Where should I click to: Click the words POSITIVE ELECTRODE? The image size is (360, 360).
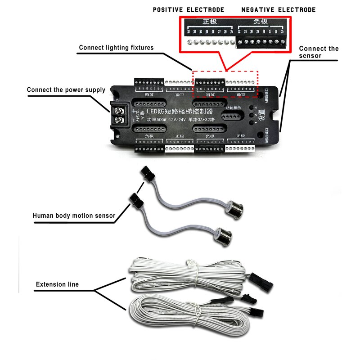pos(188,10)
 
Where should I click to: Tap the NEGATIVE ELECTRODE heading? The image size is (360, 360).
pos(279,10)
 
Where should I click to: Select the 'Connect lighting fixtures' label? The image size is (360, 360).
pos(116,48)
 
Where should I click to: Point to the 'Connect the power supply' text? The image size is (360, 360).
pos(66,90)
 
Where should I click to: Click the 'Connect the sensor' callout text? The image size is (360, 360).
pos(318,52)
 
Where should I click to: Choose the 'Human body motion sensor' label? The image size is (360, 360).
pos(74,216)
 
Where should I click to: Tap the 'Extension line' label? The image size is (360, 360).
pos(57,284)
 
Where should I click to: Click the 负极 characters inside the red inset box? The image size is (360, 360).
pos(261,22)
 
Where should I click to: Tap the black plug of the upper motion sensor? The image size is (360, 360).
pos(146,173)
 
